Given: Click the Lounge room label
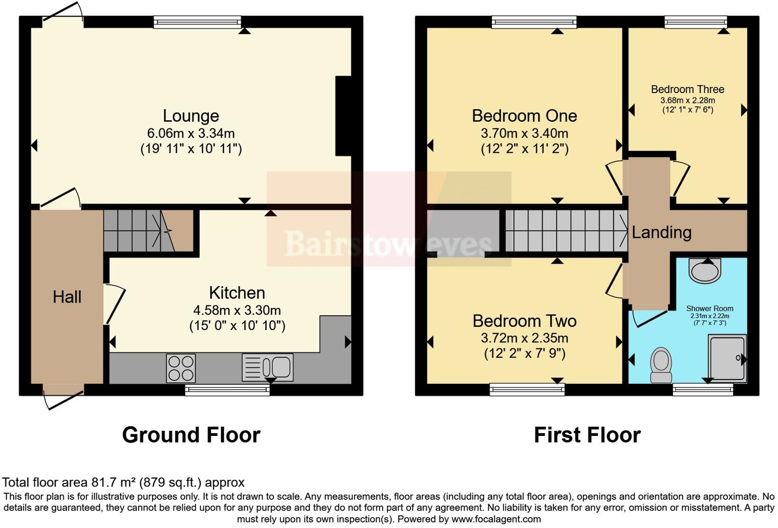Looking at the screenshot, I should click(x=191, y=116).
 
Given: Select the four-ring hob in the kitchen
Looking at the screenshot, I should click(x=181, y=368).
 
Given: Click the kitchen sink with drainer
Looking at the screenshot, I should click(x=267, y=367).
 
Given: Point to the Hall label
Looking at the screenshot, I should click(x=67, y=297).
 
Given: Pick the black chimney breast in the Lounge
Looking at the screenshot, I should click(x=343, y=116).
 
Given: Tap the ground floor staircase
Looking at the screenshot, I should click(x=138, y=231).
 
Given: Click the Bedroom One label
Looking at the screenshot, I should click(x=524, y=116).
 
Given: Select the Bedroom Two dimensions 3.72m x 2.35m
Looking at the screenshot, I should click(x=524, y=338).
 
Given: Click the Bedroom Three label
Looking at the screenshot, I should click(x=687, y=89).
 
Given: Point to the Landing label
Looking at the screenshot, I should click(x=661, y=232).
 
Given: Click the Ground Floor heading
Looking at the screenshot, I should click(x=191, y=435).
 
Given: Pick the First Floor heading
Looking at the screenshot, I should click(x=587, y=435).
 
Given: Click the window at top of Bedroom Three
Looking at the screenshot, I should click(x=696, y=21).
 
